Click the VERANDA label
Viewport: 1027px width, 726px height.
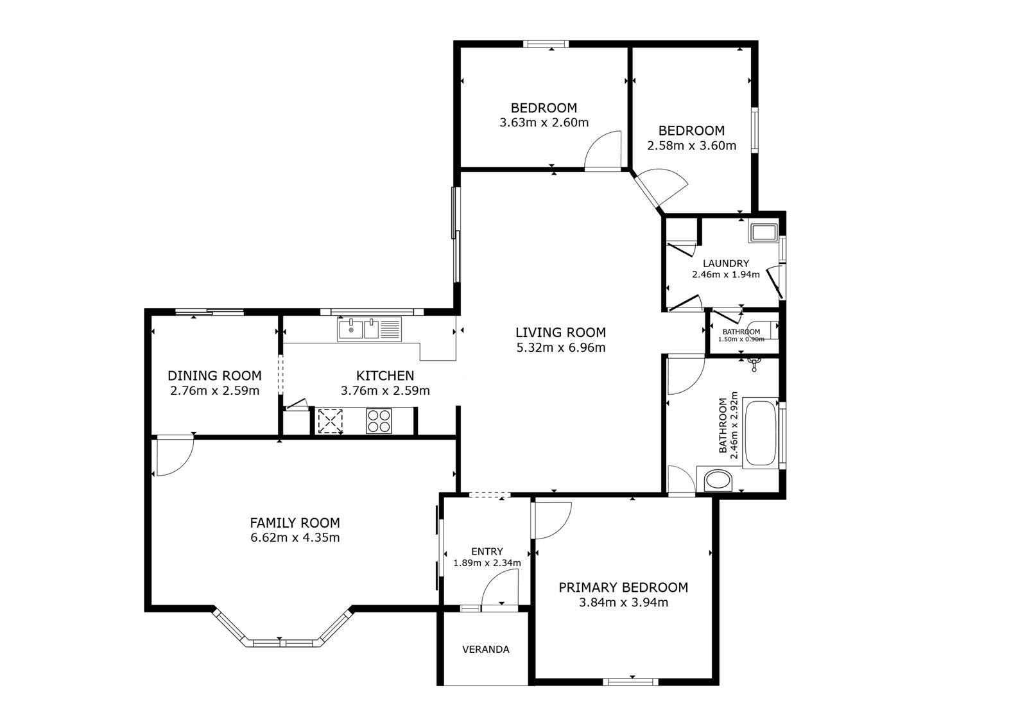(485, 649)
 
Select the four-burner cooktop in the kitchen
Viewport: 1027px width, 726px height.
(379, 421)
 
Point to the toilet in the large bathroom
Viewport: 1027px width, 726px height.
(718, 481)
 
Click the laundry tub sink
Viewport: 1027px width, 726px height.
(763, 232)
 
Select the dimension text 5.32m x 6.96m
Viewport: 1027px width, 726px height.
(560, 348)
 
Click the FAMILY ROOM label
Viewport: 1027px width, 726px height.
(295, 523)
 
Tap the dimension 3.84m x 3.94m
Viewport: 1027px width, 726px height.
(623, 602)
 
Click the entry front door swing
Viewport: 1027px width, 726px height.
(499, 590)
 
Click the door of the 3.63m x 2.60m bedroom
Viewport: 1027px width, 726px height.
(603, 150)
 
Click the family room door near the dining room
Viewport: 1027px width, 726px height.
(173, 456)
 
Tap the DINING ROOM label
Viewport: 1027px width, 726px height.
(214, 376)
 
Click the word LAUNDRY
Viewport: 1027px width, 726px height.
(725, 263)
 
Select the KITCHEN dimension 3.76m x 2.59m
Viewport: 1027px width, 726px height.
(385, 390)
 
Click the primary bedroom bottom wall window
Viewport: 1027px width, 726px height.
(630, 681)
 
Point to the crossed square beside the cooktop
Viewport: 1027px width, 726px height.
(331, 421)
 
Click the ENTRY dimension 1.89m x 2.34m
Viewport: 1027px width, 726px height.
(487, 563)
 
